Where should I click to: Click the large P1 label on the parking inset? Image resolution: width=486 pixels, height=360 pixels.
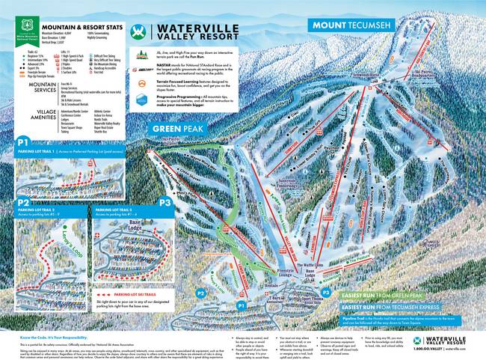click(x=22, y=140)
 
